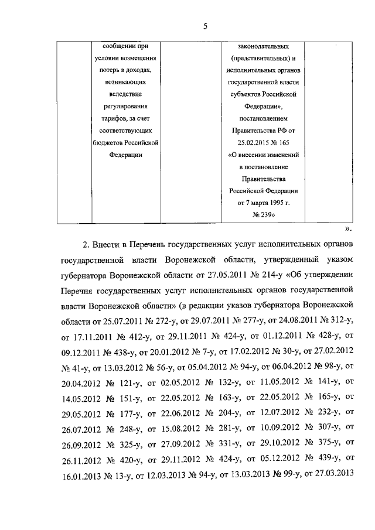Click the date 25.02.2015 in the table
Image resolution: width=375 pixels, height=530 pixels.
pyautogui.click(x=250, y=143)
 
